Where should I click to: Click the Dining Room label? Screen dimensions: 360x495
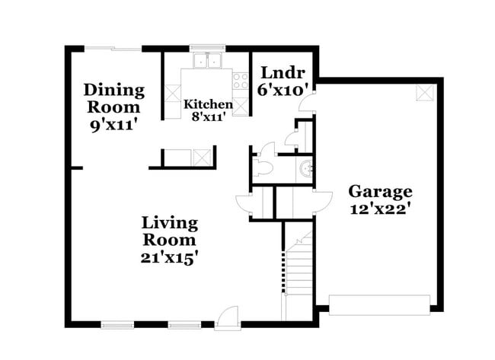(x=113, y=98)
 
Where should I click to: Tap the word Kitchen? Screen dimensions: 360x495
(x=203, y=104)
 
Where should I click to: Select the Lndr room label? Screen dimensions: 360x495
(x=283, y=73)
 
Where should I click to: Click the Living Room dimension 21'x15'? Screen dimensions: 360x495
(x=170, y=258)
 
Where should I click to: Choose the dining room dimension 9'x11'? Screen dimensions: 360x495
(x=113, y=125)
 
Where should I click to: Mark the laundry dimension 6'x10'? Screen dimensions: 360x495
(x=284, y=90)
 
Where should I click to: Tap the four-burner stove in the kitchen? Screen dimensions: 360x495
(x=241, y=80)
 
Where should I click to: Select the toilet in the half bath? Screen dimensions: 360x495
(x=264, y=167)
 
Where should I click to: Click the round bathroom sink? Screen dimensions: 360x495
(x=306, y=168)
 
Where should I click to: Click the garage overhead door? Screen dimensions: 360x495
(x=378, y=303)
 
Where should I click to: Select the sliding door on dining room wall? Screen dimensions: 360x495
(x=113, y=49)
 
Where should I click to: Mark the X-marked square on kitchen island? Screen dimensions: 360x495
(x=203, y=158)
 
